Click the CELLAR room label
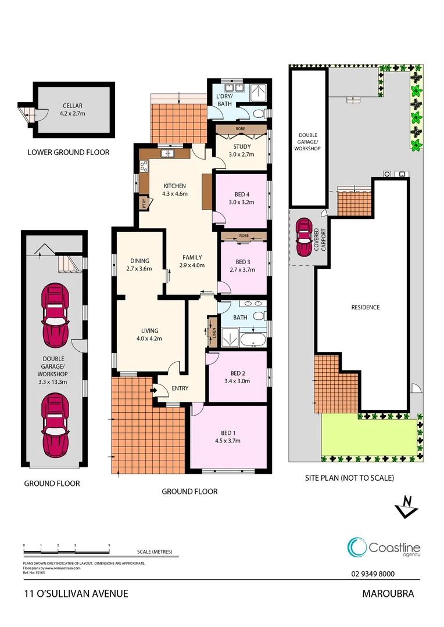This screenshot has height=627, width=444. click(73, 106)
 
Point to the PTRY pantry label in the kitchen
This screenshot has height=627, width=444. click(143, 203)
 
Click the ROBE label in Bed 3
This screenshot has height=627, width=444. click(243, 236)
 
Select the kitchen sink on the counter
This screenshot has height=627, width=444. click(169, 154)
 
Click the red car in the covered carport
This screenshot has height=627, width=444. click(303, 237)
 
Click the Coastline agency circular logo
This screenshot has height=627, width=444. click(356, 547)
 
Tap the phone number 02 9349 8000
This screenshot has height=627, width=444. click(373, 574)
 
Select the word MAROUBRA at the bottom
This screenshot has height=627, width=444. click(388, 594)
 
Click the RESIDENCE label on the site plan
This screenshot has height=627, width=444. click(364, 307)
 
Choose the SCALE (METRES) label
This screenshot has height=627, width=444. click(155, 552)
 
